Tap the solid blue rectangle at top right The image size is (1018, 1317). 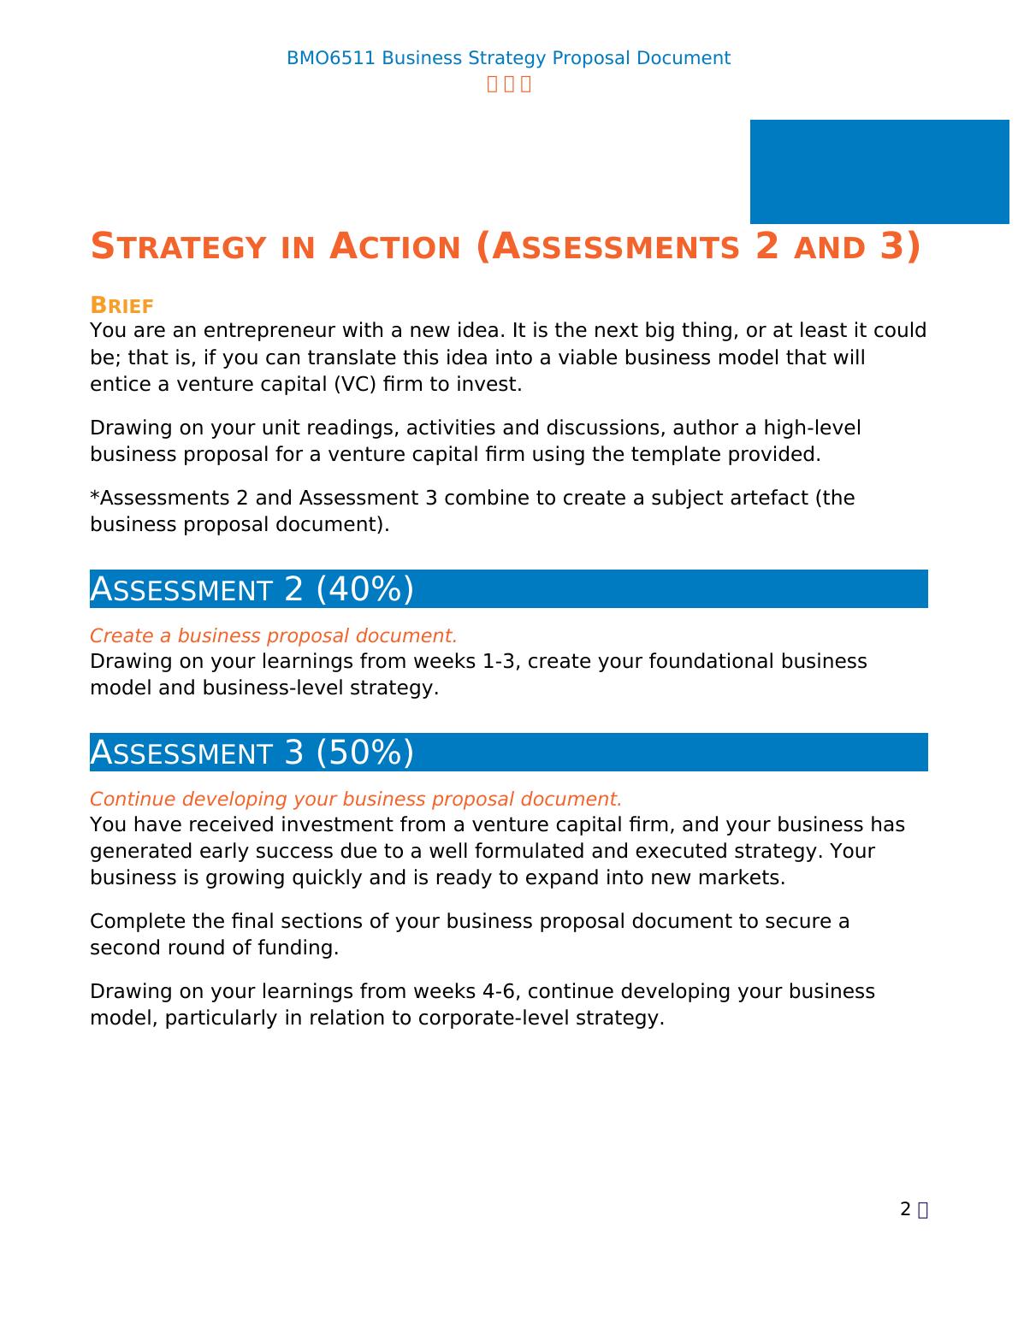point(879,172)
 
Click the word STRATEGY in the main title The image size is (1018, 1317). point(178,247)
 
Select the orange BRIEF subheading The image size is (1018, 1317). point(121,305)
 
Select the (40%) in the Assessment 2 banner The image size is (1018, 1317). point(364,589)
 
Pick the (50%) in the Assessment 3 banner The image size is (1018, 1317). point(364,753)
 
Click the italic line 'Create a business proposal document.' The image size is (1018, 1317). point(273,635)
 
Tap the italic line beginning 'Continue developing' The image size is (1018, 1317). point(355,799)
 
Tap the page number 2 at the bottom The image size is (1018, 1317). point(905,1209)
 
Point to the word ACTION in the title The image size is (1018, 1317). point(395,247)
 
